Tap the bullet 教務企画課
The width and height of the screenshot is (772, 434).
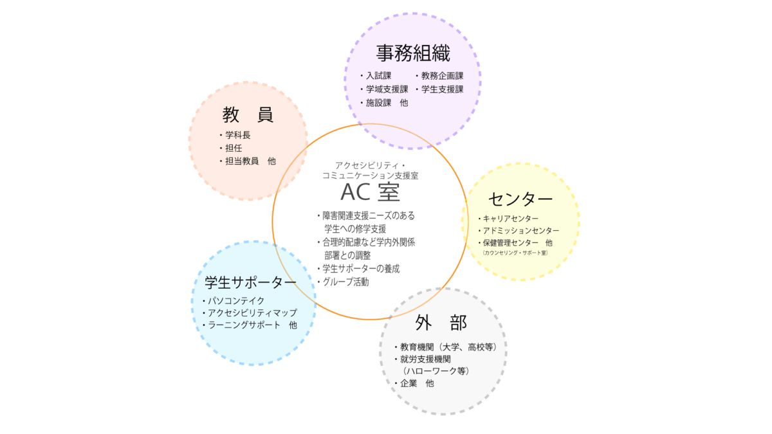click(x=442, y=76)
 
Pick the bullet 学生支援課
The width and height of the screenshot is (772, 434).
click(x=442, y=89)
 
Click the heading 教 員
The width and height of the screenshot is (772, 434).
click(x=248, y=115)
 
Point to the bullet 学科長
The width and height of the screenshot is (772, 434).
click(x=237, y=135)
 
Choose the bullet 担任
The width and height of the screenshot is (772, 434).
click(x=232, y=148)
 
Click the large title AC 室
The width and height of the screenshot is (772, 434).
click(x=369, y=192)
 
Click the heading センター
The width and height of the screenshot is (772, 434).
click(x=520, y=197)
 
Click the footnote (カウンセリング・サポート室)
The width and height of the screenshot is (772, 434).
click(x=515, y=253)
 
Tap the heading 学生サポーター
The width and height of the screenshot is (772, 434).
click(x=251, y=282)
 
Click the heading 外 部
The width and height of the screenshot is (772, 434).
click(x=441, y=323)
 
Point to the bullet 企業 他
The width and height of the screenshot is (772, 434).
click(x=416, y=383)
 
